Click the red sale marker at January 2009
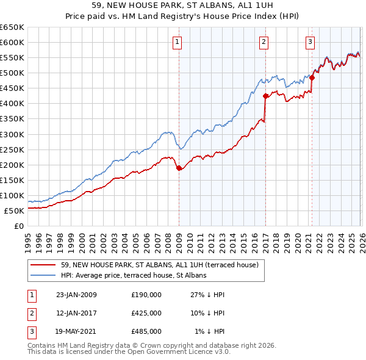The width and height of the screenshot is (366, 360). coord(179,168)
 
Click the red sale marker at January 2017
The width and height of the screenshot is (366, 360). coord(265,96)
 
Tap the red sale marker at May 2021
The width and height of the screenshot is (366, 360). coord(312,77)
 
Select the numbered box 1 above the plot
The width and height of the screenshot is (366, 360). coord(177,42)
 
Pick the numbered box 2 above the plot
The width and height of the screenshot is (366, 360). coord(264,42)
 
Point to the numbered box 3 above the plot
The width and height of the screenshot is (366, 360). coord(310,42)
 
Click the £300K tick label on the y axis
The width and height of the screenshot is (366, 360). coord(12,134)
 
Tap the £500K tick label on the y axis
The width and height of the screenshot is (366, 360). coord(12,73)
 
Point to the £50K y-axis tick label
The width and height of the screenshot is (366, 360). coord(15,211)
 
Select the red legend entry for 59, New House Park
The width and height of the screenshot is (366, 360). coord(160,265)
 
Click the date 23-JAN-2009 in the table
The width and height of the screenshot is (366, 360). coord(76,295)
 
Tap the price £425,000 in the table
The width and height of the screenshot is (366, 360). coord(146,313)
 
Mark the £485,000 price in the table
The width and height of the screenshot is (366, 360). coord(146,331)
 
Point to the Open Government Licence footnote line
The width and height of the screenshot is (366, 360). coord(128,353)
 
